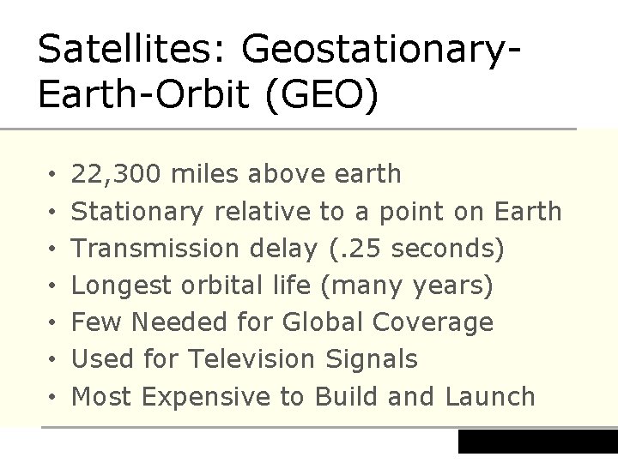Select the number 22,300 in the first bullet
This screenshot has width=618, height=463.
pos(117,174)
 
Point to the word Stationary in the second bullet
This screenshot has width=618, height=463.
pos(137,211)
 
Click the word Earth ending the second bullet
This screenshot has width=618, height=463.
pos(528,211)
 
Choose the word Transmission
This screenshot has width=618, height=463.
pos(155,248)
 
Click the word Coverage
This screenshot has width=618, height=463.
pos(433,322)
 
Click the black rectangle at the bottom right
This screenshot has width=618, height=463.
pos(537,442)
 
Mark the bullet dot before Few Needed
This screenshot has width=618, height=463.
pos(52,323)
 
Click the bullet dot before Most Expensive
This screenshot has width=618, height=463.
pos(52,398)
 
